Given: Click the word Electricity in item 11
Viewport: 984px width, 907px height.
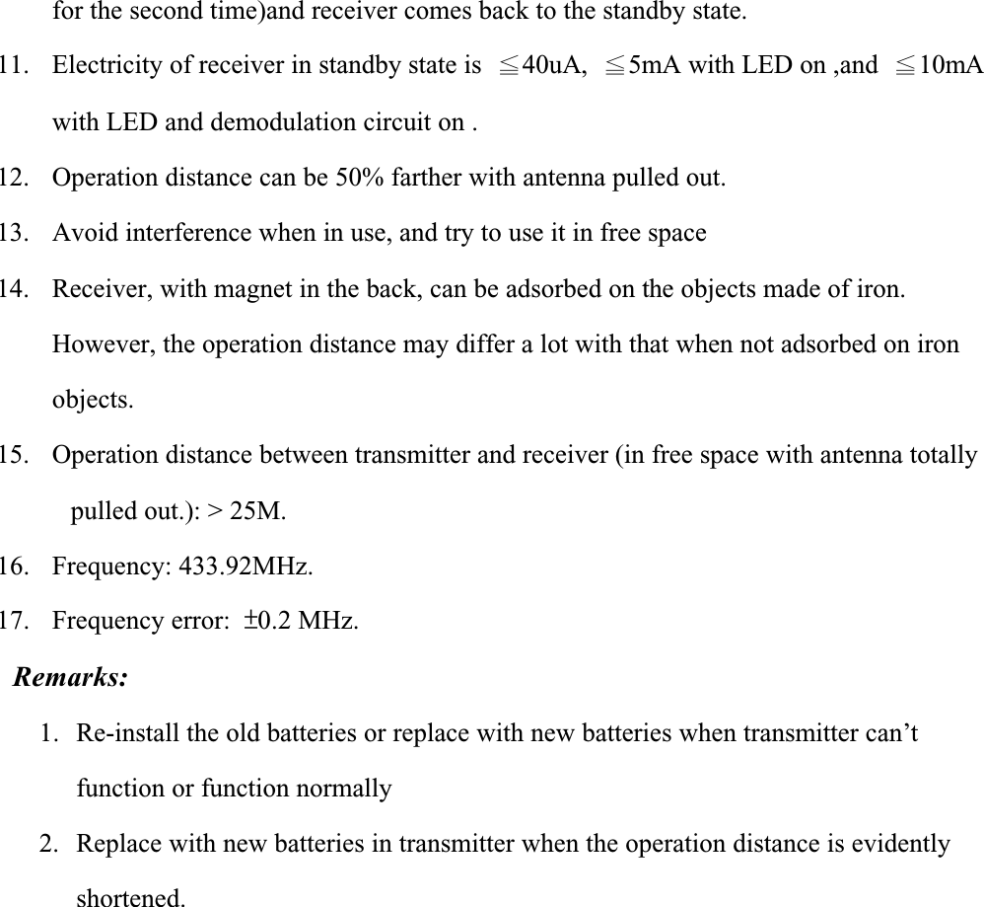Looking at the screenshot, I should (100, 66).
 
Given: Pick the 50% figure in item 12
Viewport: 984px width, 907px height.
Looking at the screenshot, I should (358, 178).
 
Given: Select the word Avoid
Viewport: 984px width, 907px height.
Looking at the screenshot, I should (78, 233).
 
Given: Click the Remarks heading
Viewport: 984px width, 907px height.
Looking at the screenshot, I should (70, 677).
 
